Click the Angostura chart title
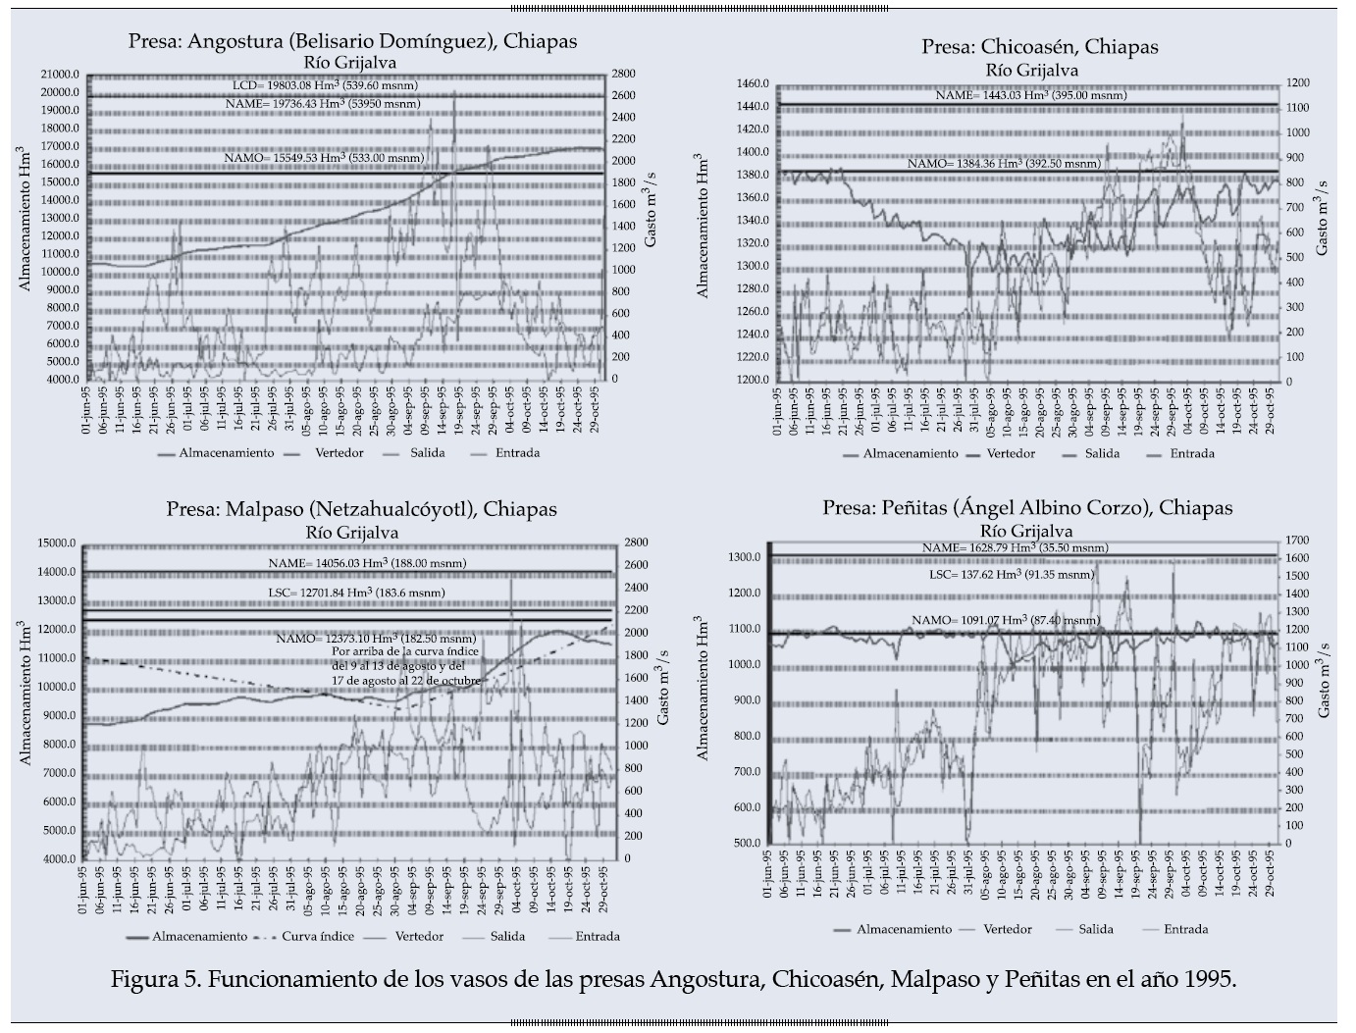[352, 41]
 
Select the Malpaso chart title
[361, 509]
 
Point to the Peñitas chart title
[1027, 507]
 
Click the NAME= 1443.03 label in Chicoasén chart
[1031, 95]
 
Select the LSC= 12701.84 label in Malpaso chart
[356, 593]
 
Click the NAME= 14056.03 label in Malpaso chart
[367, 563]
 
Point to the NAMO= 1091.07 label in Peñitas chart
[1005, 620]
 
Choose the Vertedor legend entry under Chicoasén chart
[1011, 453]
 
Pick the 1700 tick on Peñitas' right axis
[1298, 540]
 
